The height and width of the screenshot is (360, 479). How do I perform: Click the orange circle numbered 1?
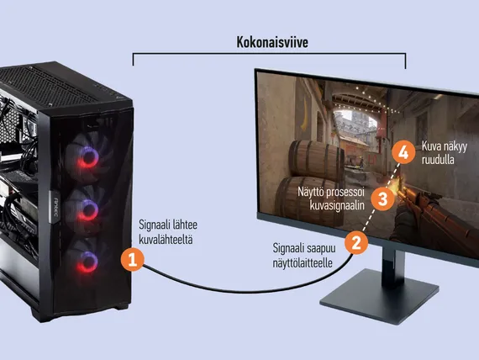pyautogui.click(x=132, y=260)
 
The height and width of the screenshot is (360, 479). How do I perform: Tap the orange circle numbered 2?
pyautogui.click(x=356, y=243)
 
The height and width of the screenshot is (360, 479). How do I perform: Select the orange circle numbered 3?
pyautogui.click(x=382, y=199)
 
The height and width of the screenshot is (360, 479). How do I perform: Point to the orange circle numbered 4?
pyautogui.click(x=403, y=152)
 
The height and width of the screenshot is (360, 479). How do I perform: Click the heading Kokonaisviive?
pyautogui.click(x=272, y=42)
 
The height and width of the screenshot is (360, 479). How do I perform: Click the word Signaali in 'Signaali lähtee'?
pyautogui.click(x=153, y=225)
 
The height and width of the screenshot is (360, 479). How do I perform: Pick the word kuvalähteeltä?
pyautogui.click(x=166, y=240)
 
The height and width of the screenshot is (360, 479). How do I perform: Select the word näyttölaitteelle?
pyautogui.click(x=303, y=262)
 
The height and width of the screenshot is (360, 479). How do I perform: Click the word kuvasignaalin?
pyautogui.click(x=337, y=205)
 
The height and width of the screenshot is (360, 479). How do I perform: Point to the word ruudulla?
pyautogui.click(x=438, y=160)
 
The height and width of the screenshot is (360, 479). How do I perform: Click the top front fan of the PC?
pyautogui.click(x=88, y=156)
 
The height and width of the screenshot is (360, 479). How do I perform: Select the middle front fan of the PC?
pyautogui.click(x=87, y=209)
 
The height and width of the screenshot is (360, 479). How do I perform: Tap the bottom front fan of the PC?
pyautogui.click(x=87, y=261)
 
